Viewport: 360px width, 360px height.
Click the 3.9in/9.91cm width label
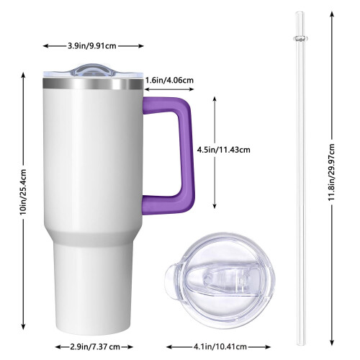[x=92, y=46]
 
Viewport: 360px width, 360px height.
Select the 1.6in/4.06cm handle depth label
[x=169, y=80]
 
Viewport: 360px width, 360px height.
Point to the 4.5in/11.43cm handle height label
[x=223, y=150]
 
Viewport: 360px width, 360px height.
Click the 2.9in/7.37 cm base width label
[x=95, y=347]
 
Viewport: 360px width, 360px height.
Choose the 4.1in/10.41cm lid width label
[x=220, y=347]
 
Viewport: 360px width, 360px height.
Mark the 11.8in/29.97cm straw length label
[x=332, y=172]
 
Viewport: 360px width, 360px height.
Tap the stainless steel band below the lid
[x=93, y=84]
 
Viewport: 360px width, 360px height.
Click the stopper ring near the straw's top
[x=300, y=38]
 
